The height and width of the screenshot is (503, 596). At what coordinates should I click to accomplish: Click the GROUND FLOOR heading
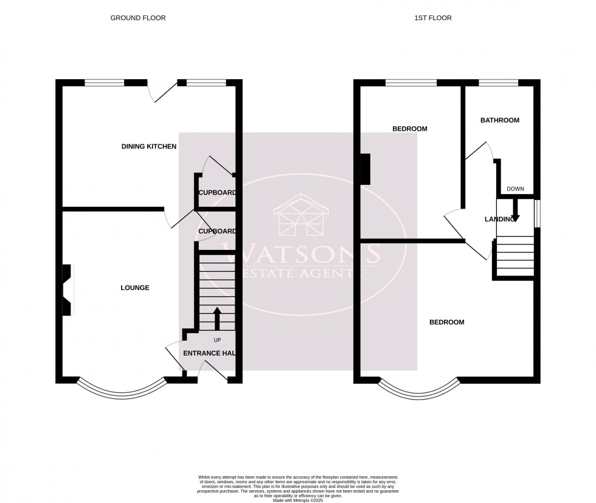tap(137, 18)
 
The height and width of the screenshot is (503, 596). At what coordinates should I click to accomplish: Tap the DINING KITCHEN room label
tap(149, 147)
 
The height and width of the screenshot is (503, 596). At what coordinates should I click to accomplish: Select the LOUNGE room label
tap(134, 288)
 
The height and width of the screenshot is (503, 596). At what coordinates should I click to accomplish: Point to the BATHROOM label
tap(500, 120)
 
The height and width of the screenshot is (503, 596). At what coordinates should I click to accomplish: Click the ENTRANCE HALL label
tap(209, 353)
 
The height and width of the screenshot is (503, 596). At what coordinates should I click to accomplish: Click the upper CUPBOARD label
tap(217, 193)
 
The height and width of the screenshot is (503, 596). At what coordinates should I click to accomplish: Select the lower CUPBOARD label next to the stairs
tap(217, 232)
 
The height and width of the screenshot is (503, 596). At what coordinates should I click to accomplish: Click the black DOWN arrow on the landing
tap(515, 209)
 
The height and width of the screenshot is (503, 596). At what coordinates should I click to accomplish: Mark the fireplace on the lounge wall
tap(67, 290)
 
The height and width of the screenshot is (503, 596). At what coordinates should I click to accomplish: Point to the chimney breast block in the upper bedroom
tap(365, 168)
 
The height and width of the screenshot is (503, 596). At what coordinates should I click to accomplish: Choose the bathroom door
tap(479, 150)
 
